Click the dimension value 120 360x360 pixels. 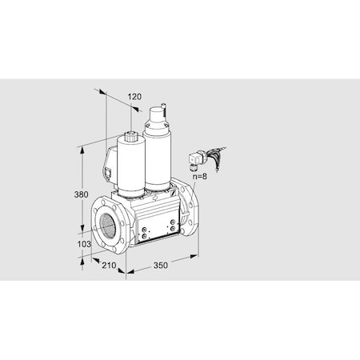point(134,98)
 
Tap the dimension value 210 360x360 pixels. point(110,266)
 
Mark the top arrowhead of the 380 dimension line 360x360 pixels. point(82,150)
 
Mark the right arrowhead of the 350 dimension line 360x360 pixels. point(196,256)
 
